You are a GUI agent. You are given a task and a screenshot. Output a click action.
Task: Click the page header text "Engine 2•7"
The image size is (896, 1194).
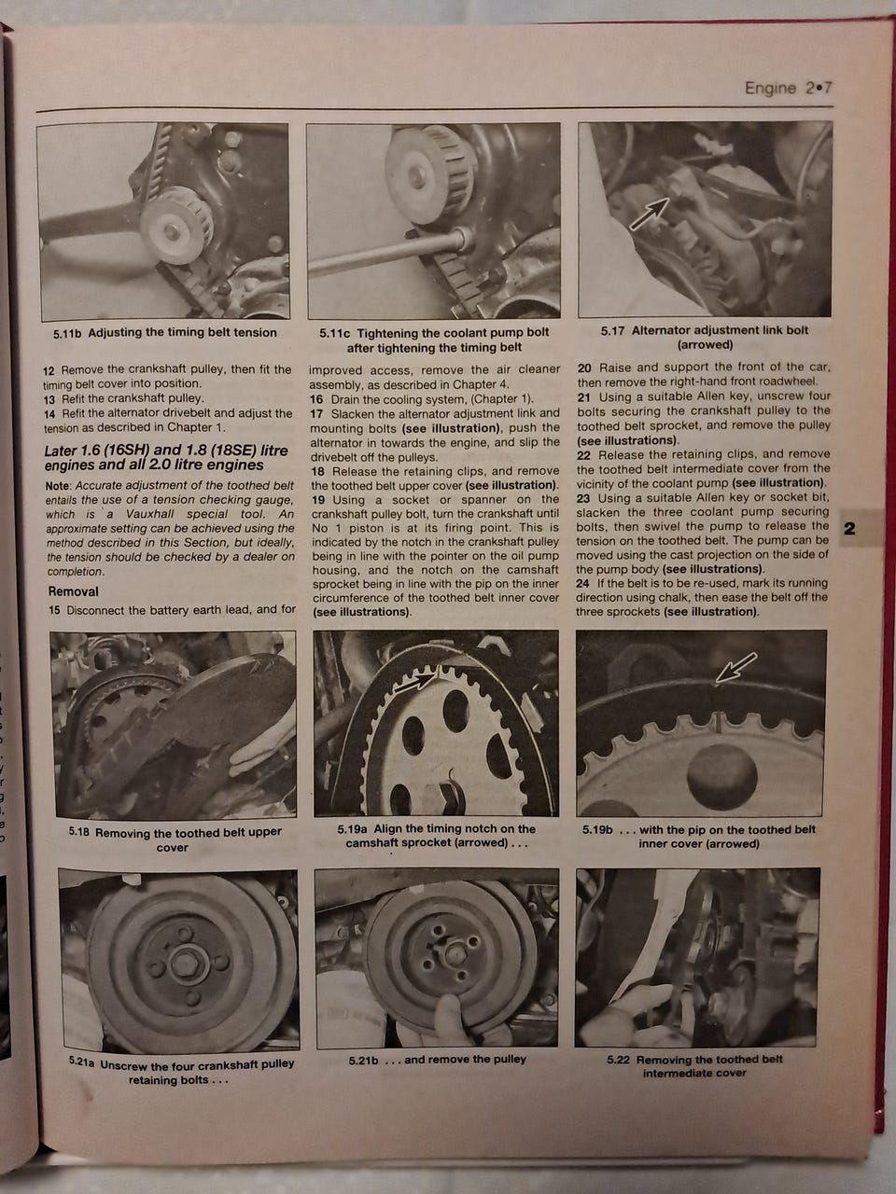(789, 88)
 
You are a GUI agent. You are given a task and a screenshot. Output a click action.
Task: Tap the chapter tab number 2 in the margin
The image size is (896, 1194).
(849, 528)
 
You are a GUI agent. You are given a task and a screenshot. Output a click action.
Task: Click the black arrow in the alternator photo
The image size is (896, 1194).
(650, 214)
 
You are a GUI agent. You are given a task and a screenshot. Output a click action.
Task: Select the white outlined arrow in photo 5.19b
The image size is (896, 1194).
(735, 667)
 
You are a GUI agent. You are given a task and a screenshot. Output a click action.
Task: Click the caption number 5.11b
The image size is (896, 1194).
(67, 333)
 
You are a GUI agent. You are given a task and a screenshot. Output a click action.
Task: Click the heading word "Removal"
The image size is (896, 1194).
(74, 591)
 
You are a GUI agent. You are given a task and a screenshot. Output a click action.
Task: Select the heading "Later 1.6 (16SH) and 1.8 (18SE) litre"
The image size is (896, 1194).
(166, 451)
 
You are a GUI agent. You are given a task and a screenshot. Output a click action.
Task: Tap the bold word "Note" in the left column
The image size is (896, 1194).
(58, 485)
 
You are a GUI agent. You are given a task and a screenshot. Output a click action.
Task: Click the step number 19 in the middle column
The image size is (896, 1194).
(318, 499)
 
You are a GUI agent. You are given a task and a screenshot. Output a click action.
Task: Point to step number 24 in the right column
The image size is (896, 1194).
(582, 583)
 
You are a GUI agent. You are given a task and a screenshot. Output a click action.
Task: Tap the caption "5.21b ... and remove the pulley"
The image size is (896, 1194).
(438, 1059)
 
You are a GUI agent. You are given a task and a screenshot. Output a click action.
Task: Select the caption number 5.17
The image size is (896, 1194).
(613, 331)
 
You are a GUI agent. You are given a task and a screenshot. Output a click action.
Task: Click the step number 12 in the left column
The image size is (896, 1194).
(49, 371)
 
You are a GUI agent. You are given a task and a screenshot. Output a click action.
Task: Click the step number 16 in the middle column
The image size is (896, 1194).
(316, 399)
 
